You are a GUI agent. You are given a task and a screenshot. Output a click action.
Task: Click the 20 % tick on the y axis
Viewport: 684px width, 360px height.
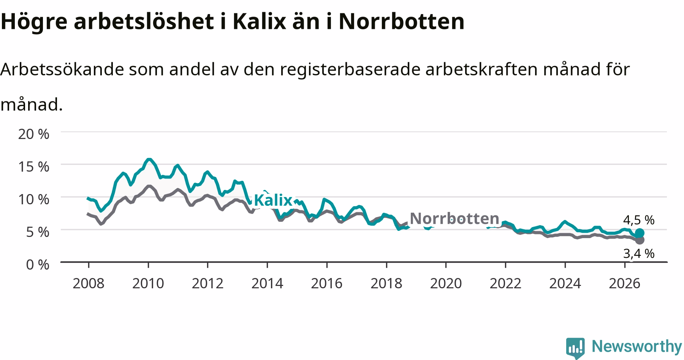pos(34,134)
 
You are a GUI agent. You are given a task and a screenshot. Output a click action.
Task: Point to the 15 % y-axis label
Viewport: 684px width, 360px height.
pos(34,167)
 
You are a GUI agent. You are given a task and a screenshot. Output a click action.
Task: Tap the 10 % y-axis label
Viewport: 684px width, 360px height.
pos(34,199)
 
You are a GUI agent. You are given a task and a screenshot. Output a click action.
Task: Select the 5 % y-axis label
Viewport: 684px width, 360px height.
pos(38,232)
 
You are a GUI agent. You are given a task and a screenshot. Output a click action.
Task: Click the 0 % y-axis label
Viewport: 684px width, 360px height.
pos(38,265)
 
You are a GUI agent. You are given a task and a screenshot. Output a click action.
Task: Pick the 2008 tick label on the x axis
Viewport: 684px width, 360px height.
pos(89,283)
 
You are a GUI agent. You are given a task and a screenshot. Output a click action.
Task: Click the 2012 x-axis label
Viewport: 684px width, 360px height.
pos(207,283)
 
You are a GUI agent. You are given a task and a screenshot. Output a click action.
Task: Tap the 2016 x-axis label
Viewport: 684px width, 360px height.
pos(327,283)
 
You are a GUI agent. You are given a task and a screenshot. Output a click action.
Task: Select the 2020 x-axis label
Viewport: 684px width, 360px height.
pos(446,283)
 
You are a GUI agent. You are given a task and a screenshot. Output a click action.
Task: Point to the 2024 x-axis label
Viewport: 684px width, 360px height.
pos(565,283)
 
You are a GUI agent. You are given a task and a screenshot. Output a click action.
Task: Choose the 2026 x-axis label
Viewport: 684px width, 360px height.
pos(624,283)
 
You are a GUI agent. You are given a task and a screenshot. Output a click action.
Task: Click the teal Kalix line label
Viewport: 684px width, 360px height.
pos(273,200)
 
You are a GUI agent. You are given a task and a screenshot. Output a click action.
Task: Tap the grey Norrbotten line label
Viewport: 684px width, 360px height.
pos(454,218)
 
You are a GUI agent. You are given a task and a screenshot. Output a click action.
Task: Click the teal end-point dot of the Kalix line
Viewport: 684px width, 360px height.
pos(640,233)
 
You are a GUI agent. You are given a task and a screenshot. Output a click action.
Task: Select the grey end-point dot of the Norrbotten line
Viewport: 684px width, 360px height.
pos(640,240)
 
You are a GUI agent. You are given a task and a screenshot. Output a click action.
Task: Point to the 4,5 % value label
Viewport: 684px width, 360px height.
pos(639,220)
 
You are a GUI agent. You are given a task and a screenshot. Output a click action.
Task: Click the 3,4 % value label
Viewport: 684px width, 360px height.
pos(639,253)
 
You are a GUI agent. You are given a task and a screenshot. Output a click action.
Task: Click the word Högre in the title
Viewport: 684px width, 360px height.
pos(34,22)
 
